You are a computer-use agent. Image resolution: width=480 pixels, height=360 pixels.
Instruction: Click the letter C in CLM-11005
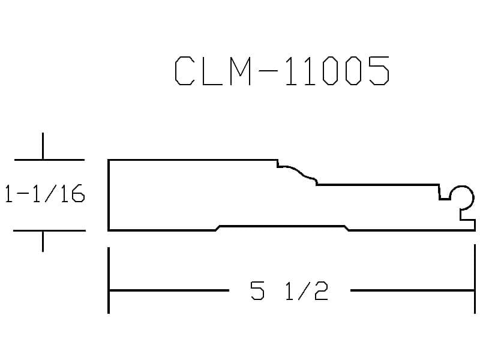(185, 71)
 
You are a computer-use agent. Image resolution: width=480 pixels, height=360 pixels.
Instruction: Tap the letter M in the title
(241, 71)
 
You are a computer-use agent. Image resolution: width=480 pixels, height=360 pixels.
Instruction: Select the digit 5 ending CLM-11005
(379, 71)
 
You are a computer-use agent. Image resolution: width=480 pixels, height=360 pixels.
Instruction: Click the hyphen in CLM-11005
(268, 71)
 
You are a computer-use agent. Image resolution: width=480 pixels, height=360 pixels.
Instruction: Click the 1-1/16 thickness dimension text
(44, 193)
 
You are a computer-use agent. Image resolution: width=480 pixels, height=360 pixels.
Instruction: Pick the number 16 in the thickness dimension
(72, 193)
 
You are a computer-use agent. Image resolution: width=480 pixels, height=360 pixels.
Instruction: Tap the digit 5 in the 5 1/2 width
(257, 290)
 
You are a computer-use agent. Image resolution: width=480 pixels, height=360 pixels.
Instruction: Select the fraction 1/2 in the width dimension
(307, 290)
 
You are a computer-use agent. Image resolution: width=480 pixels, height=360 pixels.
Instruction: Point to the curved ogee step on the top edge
(297, 173)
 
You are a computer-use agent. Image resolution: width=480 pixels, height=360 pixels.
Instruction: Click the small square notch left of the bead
(445, 193)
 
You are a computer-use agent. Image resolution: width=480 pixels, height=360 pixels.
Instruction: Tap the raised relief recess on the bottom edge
(282, 227)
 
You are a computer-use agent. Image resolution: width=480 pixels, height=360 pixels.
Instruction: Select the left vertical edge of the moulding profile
(109, 195)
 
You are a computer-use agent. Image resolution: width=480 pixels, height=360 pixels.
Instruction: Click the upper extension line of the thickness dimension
(49, 160)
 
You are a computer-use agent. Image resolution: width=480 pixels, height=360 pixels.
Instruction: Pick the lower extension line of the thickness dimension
(49, 230)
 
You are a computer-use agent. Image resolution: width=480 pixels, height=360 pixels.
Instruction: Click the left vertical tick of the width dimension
(109, 280)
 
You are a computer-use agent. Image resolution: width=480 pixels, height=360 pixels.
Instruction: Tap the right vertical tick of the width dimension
(475, 279)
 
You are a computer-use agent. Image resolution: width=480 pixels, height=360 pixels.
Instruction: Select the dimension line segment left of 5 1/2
(169, 290)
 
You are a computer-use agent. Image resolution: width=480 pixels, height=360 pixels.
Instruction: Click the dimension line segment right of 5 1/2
(412, 290)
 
